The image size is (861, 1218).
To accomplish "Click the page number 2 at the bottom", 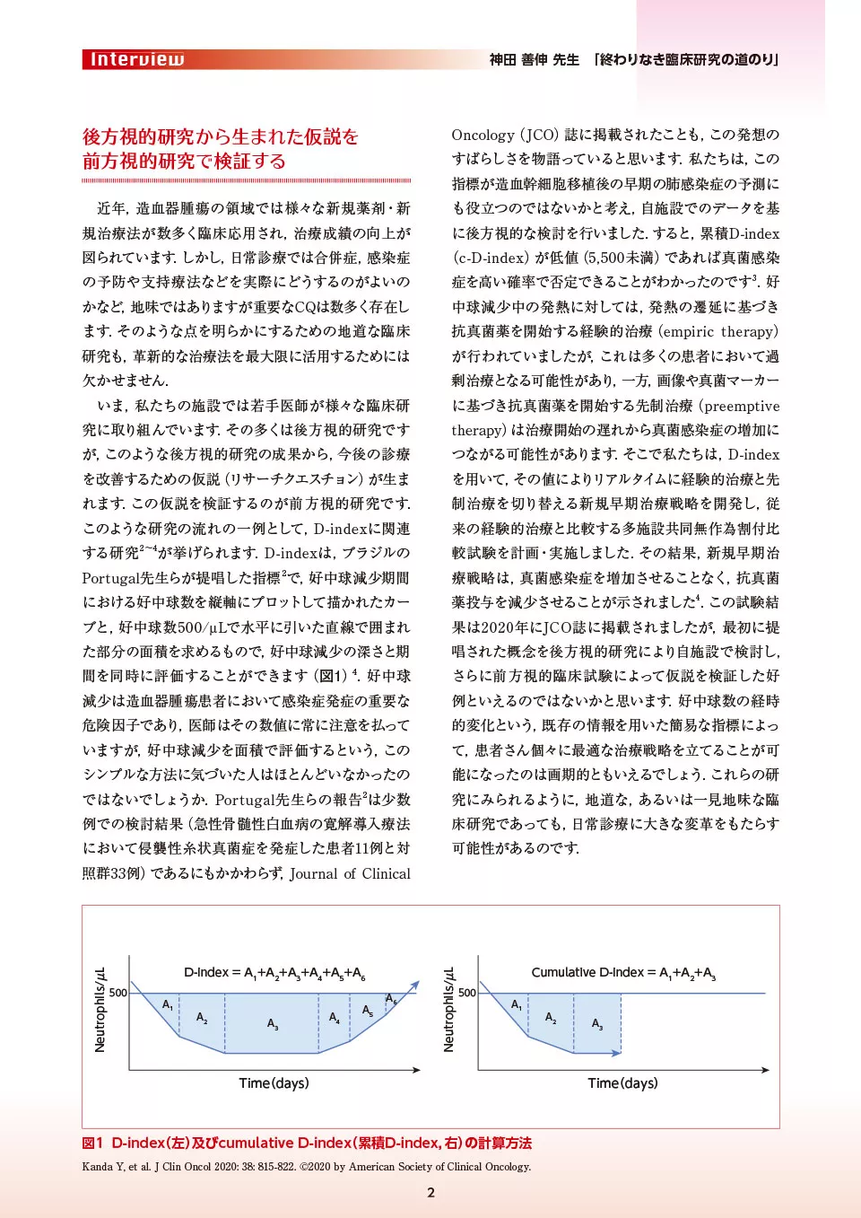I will pos(430,1193).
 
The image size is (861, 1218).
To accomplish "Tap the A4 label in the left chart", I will pos(334,1018).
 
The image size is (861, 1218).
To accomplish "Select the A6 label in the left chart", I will pos(391,999).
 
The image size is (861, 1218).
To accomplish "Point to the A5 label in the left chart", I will pos(368,1011).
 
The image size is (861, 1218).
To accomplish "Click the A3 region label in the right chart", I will pos(597,1024).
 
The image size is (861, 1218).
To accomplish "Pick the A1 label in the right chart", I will pos(517,1005).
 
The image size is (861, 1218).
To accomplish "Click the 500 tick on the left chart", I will pos(118,993).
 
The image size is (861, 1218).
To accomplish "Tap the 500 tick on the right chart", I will pos(467,993).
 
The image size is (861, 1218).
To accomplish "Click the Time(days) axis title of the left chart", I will pos(274,1083).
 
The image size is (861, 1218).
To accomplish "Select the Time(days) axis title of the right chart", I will pos(622,1083).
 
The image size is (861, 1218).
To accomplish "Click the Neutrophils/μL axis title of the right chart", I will pos(449,1010).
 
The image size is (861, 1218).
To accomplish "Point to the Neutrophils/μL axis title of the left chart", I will pos(100,1010).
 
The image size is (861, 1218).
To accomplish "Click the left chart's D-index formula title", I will pos(274,973).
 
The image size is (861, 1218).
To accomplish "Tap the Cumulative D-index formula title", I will pos(623,973).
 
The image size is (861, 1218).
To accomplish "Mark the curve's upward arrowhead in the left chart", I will pos(415,986).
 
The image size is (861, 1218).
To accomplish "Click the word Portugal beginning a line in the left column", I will pos(112,578).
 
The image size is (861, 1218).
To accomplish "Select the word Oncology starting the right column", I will pos(483,136).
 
